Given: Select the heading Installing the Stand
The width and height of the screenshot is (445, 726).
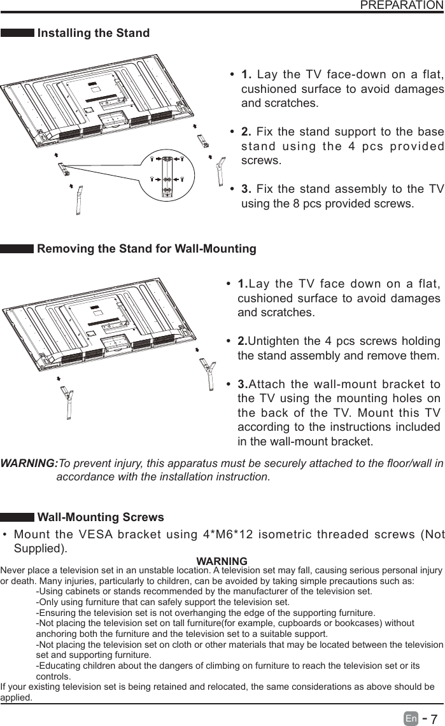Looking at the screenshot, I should click(94, 33).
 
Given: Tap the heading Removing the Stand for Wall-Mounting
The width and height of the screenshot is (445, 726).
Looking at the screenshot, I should click(146, 248).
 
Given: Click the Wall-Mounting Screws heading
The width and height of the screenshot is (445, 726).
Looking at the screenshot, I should click(101, 517).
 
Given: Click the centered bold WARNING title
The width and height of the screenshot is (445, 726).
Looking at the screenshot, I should click(222, 561).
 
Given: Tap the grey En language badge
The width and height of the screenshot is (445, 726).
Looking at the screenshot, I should click(411, 718).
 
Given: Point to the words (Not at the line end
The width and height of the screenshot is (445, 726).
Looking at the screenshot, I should click(434, 534).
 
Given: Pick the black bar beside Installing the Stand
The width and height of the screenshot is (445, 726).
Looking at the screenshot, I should click(17, 33).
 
